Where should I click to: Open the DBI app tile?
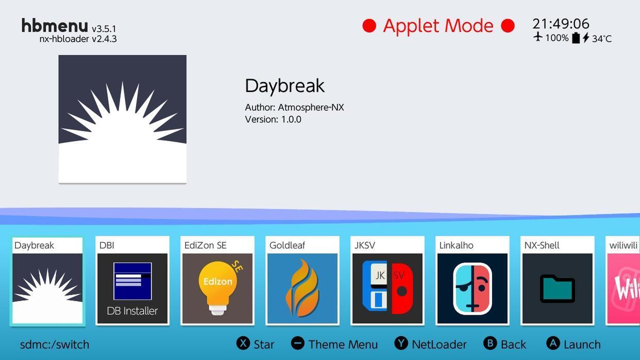pos(132,281)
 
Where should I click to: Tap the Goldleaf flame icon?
pos(302,288)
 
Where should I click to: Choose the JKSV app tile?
pos(388,281)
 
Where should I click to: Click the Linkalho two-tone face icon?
pos(473,288)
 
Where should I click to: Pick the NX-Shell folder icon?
pos(558,288)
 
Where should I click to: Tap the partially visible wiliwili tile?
pos(623,281)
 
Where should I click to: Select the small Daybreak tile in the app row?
pos(47,281)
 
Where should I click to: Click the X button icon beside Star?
pos(243,344)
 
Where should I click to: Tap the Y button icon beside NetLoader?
pos(401,344)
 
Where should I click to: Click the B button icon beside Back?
pos(490,344)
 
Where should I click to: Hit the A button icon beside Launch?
pos(553,344)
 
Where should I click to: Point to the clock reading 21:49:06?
pos(561,24)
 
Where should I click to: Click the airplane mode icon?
pos(538,37)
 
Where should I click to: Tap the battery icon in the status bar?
pos(576,38)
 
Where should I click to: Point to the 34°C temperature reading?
pos(602,39)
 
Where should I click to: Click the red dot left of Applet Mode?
pos(369,26)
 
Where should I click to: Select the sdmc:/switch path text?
pos(55,345)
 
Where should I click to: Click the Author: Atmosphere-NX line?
pos(294,107)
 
